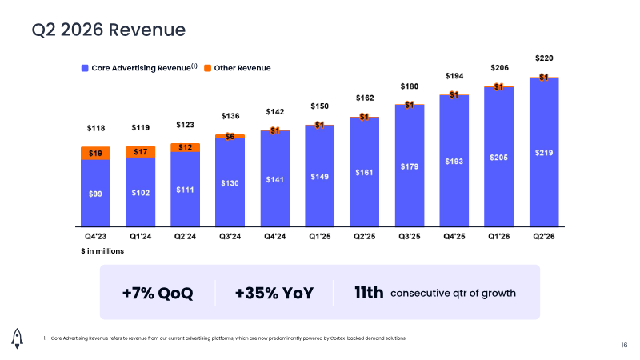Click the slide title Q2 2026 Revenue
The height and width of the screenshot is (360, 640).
pos(109,30)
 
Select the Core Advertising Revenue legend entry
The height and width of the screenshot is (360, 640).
pos(139,68)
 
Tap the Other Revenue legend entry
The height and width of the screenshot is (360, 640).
pos(237,68)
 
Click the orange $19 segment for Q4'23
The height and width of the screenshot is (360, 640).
pos(95,153)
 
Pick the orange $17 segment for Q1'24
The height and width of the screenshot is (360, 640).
pos(141,152)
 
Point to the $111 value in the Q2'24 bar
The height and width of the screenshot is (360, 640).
pos(185,190)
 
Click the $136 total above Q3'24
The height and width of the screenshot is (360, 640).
pos(230,116)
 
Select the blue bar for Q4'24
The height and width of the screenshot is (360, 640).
pos(275,178)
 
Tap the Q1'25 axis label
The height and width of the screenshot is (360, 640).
pos(319,236)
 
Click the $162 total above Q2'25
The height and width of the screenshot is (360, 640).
pos(365,98)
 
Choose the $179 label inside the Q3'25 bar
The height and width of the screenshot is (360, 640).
pos(410,166)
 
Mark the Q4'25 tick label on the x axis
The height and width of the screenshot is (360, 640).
pos(454,236)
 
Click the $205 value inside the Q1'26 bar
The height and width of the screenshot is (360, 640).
pos(498,158)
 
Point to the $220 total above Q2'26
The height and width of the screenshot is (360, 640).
pos(544,58)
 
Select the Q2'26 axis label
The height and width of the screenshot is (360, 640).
pos(544,236)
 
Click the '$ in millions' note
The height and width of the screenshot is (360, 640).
pos(102,251)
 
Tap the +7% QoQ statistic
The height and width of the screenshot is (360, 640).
pos(158,293)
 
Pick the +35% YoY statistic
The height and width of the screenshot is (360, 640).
pos(274,293)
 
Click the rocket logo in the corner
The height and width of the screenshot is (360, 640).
pos(17,338)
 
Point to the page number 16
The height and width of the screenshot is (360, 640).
pos(624,346)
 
